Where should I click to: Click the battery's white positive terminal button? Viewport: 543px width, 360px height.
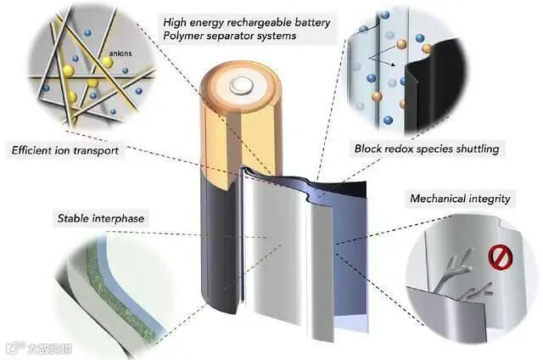tap(241, 83)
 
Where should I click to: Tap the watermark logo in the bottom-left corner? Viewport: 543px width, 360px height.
tap(13, 347)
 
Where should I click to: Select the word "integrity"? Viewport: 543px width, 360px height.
tap(490, 200)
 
